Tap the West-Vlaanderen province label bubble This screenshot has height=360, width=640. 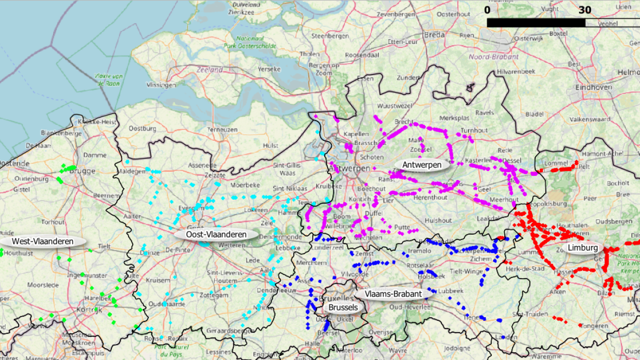pyautogui.click(x=42, y=241)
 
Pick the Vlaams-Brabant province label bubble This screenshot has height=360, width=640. pyautogui.click(x=393, y=294)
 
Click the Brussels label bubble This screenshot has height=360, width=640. pyautogui.click(x=343, y=307)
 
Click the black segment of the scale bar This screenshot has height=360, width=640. pyautogui.click(x=536, y=23)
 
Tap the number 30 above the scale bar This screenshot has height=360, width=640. pyautogui.click(x=585, y=10)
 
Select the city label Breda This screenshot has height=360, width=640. pyautogui.click(x=434, y=35)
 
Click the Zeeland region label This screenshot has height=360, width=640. pyautogui.click(x=210, y=69)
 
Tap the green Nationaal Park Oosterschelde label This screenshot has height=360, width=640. pyautogui.click(x=250, y=42)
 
